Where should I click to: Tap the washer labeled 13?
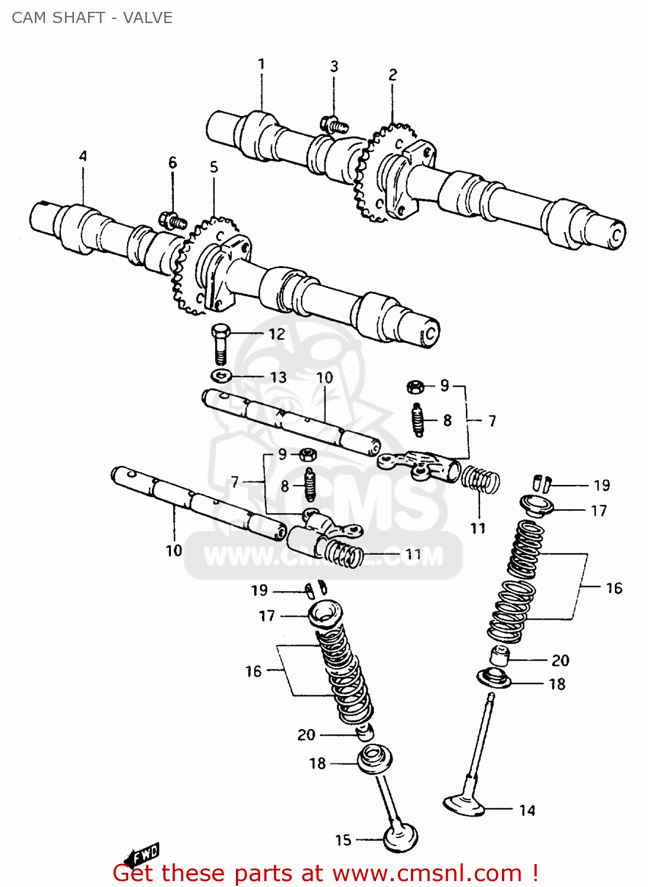[220, 375]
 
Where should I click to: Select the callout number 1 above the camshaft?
[261, 64]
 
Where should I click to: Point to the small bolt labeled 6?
[172, 221]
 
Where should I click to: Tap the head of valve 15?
[401, 837]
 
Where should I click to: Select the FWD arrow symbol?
[141, 855]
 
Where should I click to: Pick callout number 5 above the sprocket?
[214, 167]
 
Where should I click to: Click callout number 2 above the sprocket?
[393, 75]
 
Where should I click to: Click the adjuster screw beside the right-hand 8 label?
[418, 420]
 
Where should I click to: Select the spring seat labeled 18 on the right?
[494, 678]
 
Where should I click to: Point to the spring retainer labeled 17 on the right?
[536, 506]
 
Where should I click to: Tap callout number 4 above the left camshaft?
[83, 156]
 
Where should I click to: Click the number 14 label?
[527, 810]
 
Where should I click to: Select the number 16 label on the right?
[614, 588]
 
